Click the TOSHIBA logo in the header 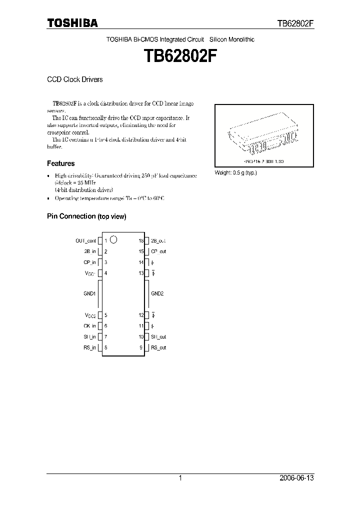tap(72, 23)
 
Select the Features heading tap(61, 163)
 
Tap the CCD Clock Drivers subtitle tap(74, 79)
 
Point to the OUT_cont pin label tap(86, 241)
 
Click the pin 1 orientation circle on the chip tap(113, 239)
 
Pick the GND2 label tap(157, 293)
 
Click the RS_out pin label tap(159, 347)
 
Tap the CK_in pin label tap(90, 326)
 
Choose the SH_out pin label tap(159, 337)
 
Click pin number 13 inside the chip tap(141, 273)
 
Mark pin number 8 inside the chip tap(105, 347)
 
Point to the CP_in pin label tap(90, 262)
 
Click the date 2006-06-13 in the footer tap(296, 478)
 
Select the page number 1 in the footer tap(180, 478)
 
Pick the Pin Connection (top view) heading tap(86, 216)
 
